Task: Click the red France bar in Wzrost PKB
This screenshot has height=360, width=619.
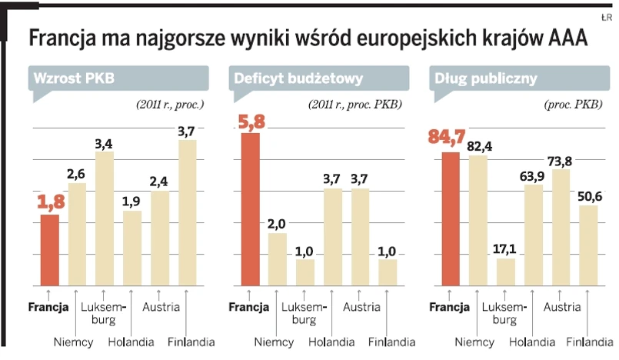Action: pos(50,249)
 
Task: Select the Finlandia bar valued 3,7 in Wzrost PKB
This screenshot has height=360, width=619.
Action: pos(187,212)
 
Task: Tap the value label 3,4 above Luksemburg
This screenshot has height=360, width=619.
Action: pos(105,143)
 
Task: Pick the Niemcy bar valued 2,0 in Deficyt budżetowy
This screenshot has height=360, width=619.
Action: pos(277,258)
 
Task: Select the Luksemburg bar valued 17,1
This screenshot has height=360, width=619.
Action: pos(506,271)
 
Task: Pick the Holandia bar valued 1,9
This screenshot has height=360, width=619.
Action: pos(132,247)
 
